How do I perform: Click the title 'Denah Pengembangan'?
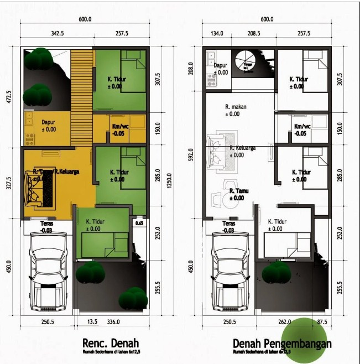(282, 344)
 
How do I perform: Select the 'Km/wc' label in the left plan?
(119, 126)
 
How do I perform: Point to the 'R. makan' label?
(235, 107)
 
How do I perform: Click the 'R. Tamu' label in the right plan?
(239, 191)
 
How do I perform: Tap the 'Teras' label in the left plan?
(47, 223)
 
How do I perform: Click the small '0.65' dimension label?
(139, 223)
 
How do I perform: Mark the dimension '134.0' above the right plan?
(217, 34)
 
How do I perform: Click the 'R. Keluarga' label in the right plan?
(244, 148)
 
